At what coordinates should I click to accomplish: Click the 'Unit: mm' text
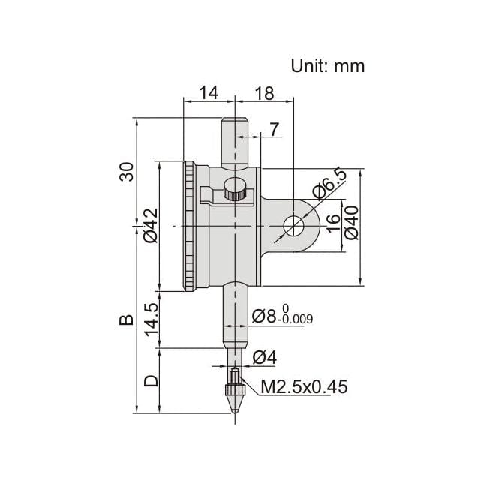click(x=327, y=66)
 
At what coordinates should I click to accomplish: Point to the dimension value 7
click(x=274, y=129)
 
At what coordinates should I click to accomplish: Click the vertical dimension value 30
click(x=127, y=171)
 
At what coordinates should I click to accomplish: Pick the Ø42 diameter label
click(x=149, y=226)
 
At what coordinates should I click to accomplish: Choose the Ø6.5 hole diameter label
click(x=329, y=185)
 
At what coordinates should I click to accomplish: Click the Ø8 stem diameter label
click(x=282, y=316)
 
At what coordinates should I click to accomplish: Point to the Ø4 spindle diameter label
click(x=265, y=358)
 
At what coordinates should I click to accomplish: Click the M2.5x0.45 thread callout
click(x=304, y=387)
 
